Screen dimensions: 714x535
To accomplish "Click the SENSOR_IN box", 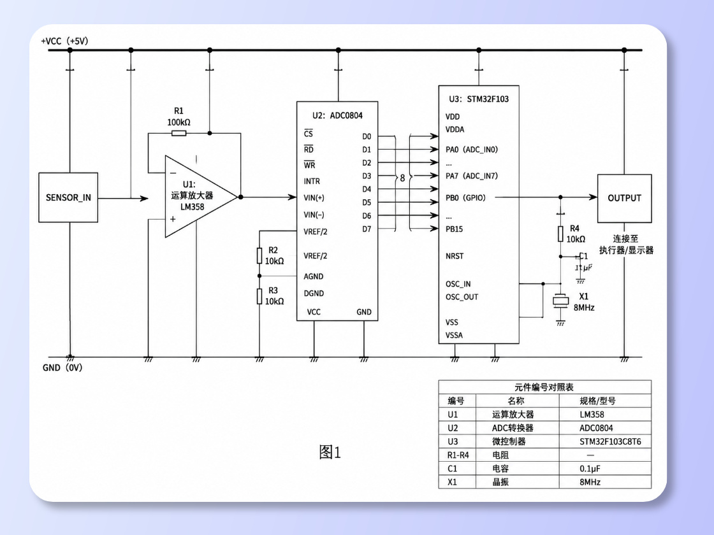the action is [x=68, y=197].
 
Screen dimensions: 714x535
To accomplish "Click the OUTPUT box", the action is [x=624, y=198].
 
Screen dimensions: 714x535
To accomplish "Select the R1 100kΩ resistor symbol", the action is [x=178, y=133].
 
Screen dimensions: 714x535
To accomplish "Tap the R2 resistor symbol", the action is [x=259, y=255].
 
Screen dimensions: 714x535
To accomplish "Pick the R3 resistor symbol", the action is [x=259, y=296].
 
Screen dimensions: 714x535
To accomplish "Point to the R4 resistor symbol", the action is [x=560, y=233].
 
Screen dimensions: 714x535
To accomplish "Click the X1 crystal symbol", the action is [x=560, y=301].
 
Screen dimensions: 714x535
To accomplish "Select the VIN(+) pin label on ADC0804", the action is [x=314, y=198].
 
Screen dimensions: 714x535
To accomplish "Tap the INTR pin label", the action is [x=312, y=181].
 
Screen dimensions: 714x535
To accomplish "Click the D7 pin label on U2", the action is [x=367, y=229].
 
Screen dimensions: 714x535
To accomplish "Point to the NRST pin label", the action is [x=455, y=256].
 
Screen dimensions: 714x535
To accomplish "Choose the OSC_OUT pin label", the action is [x=462, y=297].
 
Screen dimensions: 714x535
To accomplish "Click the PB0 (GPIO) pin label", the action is [x=465, y=198].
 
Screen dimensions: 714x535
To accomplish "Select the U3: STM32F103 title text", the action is [x=479, y=99].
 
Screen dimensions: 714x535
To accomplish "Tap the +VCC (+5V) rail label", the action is [x=64, y=41].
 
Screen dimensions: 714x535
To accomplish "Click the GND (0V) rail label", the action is [x=62, y=367].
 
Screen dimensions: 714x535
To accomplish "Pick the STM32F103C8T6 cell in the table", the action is [x=610, y=441].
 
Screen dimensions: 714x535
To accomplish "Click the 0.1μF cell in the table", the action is [x=590, y=469].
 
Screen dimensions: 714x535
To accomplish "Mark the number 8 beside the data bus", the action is [x=402, y=178].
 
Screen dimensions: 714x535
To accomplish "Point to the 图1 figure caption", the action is [x=330, y=452].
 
